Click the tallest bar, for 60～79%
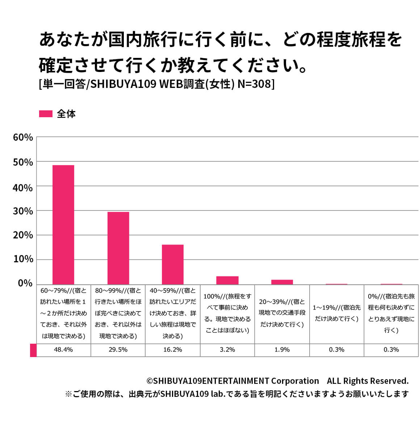tap(63, 224)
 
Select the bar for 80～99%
tap(118, 248)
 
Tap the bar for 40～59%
tap(173, 264)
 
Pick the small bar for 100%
tap(227, 280)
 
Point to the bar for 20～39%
tap(282, 282)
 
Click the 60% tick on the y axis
tap(23, 137)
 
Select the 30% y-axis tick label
tap(23, 211)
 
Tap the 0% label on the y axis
tap(25, 283)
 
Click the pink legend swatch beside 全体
tap(46, 114)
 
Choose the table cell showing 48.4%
tap(63, 350)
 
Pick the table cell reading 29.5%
tap(118, 350)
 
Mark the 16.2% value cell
tap(173, 350)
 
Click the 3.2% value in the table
tap(227, 350)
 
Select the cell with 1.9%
tap(282, 350)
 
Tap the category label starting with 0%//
tap(391, 313)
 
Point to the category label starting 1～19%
tap(337, 313)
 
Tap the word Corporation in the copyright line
tap(295, 381)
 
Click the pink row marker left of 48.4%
tap(33, 350)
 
